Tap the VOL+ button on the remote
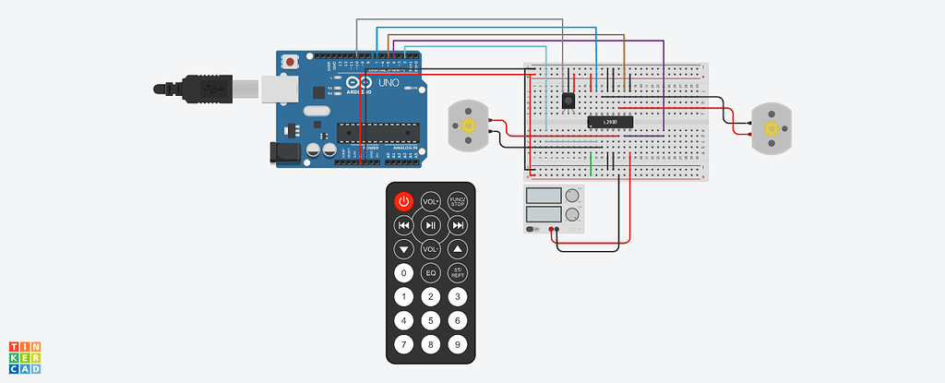pyautogui.click(x=430, y=201)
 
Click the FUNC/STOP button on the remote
pyautogui.click(x=457, y=201)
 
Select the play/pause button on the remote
pyautogui.click(x=430, y=225)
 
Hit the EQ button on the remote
pyautogui.click(x=430, y=273)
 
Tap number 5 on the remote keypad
pyautogui.click(x=430, y=321)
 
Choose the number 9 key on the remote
pyautogui.click(x=457, y=345)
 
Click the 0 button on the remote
pyautogui.click(x=403, y=273)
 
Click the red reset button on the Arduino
pyautogui.click(x=292, y=62)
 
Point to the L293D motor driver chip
pyautogui.click(x=610, y=122)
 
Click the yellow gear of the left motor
pyautogui.click(x=468, y=126)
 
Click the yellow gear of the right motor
pyautogui.click(x=772, y=126)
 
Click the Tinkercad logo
pyautogui.click(x=25, y=357)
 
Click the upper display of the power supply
pyautogui.click(x=544, y=195)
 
